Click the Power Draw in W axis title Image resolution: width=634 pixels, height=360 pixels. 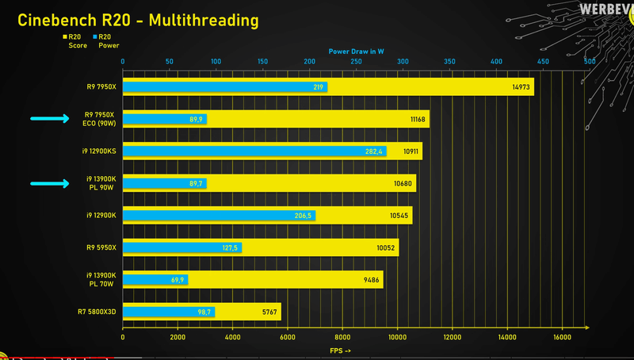coord(356,51)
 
